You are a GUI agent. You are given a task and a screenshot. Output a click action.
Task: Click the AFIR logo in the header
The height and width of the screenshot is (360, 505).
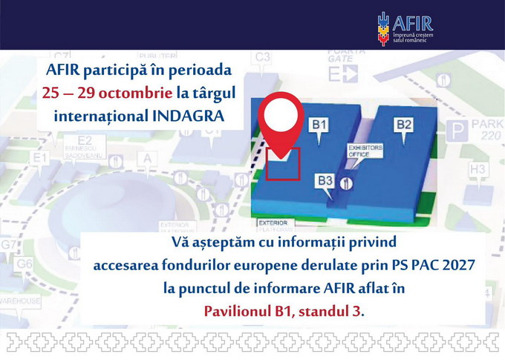point(405,26)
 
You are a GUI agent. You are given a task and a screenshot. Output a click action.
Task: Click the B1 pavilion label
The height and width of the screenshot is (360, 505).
point(319,125)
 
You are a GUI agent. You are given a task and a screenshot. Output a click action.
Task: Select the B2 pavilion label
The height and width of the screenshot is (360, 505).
point(404,125)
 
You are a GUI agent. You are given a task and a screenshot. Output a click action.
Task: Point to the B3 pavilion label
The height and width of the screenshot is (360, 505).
point(325,180)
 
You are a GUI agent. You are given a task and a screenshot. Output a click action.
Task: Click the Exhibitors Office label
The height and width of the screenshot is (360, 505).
point(365,151)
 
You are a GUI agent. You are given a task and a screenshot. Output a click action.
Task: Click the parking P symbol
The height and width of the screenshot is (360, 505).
point(458,133)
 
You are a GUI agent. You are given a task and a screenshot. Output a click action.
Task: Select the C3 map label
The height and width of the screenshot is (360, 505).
point(263,56)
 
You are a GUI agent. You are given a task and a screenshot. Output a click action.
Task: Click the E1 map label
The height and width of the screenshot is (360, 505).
point(39,157)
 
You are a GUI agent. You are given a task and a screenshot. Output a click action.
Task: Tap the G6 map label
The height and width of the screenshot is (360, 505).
point(25,264)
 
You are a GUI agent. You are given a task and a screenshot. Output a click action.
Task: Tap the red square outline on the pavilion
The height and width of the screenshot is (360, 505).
point(283,164)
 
